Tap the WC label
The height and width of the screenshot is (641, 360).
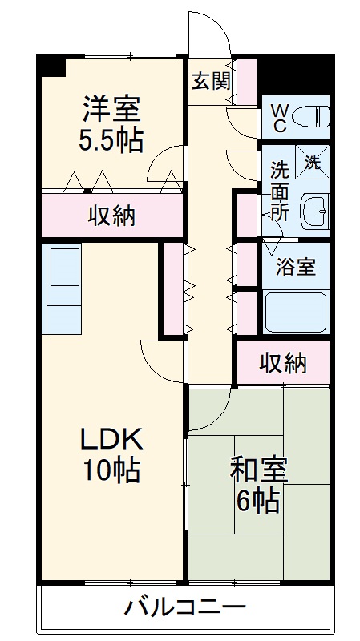280,118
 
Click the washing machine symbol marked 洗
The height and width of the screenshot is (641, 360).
311,160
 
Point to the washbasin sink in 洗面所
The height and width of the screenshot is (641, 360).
313,212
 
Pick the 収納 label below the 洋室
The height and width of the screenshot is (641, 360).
111,216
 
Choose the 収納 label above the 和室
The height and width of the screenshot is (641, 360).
283,363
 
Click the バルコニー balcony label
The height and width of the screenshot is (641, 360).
184,607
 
